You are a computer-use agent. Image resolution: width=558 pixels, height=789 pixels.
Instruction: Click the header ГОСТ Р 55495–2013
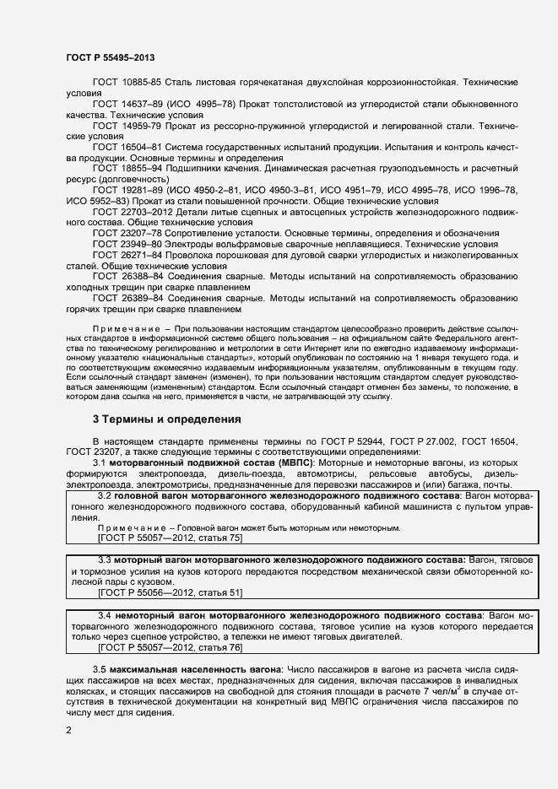[x=110, y=57]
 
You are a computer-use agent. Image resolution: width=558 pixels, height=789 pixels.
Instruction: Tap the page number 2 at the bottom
[x=68, y=729]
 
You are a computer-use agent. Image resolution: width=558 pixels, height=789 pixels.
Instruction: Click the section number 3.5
[x=100, y=668]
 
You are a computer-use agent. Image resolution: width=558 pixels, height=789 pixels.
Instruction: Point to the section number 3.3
[x=106, y=560]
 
